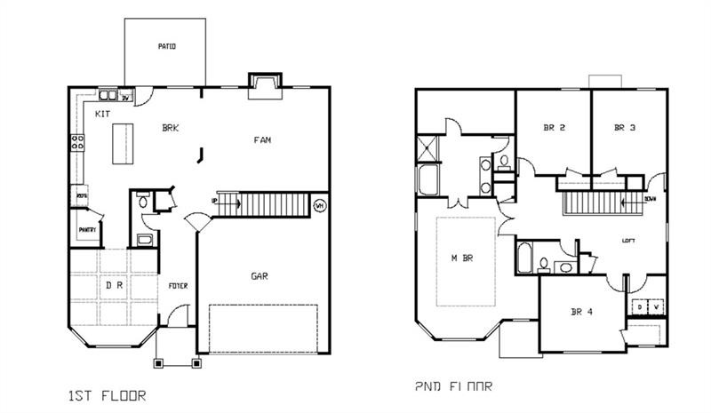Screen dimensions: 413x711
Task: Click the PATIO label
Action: tap(166, 46)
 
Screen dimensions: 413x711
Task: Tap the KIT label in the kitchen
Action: tap(102, 114)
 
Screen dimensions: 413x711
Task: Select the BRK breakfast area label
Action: tap(170, 129)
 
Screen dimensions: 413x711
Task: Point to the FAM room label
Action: tap(262, 140)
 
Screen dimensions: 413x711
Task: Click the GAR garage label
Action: tap(259, 276)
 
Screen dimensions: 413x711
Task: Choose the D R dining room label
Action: tap(114, 286)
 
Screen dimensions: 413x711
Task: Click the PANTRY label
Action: tap(87, 230)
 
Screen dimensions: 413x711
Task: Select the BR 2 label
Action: tap(555, 128)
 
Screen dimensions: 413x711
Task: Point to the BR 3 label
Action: tap(625, 128)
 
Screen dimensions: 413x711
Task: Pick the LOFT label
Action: tap(628, 240)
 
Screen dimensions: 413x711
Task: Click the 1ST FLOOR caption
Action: tap(106, 394)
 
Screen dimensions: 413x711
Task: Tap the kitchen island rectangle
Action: tap(122, 142)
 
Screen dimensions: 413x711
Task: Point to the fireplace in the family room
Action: tap(264, 83)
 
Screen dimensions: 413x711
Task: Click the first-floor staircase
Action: tap(266, 205)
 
